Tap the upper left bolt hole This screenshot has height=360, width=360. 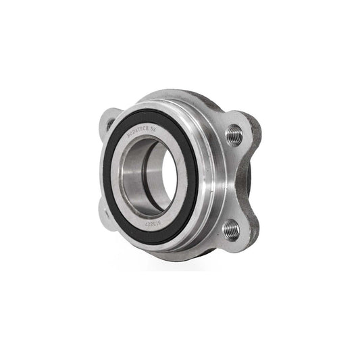[109, 123]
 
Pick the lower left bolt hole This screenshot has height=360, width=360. [106, 213]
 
